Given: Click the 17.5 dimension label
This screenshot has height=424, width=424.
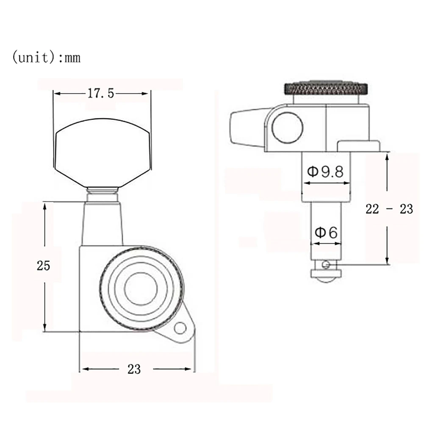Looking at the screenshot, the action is pos(100,94).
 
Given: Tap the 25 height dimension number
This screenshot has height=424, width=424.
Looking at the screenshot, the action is pos(44,266).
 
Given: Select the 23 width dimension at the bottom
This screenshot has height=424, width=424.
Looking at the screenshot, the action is pos(134,369).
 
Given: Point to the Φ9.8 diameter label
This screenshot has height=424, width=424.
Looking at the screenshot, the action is pos(325,172).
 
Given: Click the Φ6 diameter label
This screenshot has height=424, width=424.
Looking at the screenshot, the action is pos(326,232).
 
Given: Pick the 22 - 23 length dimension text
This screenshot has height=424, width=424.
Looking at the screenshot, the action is pos(389,209).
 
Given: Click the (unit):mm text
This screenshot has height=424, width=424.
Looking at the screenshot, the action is pos(46,57).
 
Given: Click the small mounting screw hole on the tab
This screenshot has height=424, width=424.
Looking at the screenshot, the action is pos(180,329).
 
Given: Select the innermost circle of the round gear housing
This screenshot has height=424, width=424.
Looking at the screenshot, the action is pos(141,288).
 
